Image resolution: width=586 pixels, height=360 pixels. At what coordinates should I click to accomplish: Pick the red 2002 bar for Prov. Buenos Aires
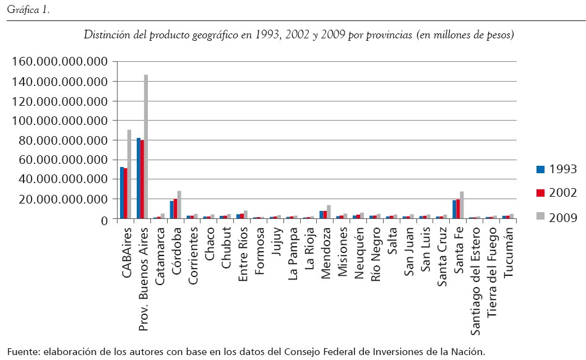point(142,179)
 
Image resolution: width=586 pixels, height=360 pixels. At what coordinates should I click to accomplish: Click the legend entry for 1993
point(556,169)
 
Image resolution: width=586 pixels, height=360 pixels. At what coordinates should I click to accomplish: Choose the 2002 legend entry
point(556,193)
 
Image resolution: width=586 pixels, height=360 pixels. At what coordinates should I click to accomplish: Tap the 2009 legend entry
point(556,217)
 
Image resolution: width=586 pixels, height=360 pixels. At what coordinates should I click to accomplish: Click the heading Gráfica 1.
point(24,9)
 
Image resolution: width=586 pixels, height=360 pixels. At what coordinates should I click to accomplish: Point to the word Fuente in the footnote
point(22,351)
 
